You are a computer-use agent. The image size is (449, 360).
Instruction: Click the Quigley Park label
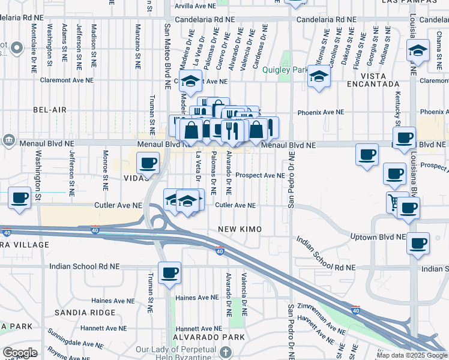pyautogui.click(x=285, y=69)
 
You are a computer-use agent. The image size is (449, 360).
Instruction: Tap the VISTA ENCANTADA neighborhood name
pyautogui.click(x=380, y=84)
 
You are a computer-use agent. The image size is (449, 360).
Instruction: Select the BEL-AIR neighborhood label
pyautogui.click(x=49, y=110)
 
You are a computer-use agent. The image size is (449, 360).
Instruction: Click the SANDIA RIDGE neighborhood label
pyautogui.click(x=85, y=313)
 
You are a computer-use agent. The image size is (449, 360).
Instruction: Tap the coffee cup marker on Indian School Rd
pyautogui.click(x=169, y=272)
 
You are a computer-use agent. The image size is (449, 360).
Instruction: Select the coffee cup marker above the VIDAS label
pyautogui.click(x=148, y=162)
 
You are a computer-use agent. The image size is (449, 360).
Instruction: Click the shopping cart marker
pyautogui.click(x=397, y=202)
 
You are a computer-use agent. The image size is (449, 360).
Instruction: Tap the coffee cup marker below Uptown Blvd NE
pyautogui.click(x=418, y=244)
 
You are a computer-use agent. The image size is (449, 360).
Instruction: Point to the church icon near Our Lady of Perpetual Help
pyautogui.click(x=225, y=352)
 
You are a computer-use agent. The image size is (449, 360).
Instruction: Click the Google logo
pyautogui.click(x=20, y=352)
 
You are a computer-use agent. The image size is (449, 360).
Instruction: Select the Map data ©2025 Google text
pyautogui.click(x=412, y=355)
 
